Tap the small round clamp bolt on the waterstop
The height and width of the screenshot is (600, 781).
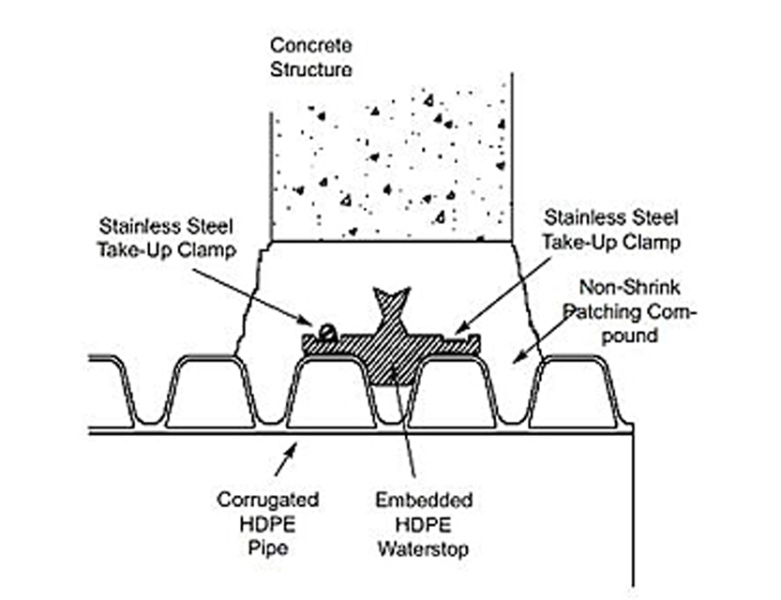(325, 330)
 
